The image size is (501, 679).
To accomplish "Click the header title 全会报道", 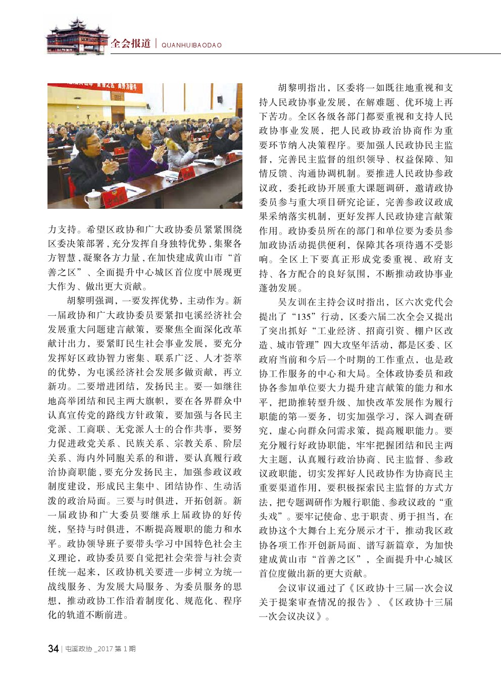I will pos(130,43).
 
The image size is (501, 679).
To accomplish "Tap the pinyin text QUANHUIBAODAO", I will pos(191,45).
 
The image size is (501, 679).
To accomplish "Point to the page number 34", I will pos(53,649).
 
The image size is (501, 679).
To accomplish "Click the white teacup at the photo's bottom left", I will pos(93,198).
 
